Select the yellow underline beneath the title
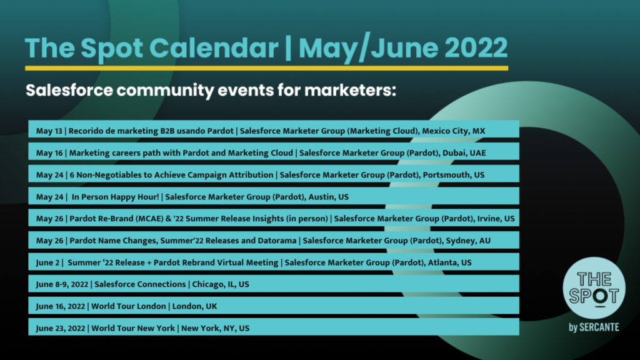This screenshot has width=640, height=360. [x=266, y=68]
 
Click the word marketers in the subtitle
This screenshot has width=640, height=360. [x=350, y=90]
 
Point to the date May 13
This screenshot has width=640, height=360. [x=49, y=131]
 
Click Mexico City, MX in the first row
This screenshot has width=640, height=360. [x=454, y=131]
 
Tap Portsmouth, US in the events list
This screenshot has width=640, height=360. [x=454, y=175]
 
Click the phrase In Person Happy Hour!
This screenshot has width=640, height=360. [x=115, y=197]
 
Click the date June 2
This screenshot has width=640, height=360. [x=47, y=262]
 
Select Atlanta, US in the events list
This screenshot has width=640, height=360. [x=449, y=262]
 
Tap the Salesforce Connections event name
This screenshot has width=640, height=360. [x=140, y=284]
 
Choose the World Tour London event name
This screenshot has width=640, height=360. [x=129, y=306]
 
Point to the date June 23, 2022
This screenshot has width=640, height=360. [x=61, y=328]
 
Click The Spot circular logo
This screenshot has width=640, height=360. [x=594, y=288]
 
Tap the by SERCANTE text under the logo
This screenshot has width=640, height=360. [x=594, y=327]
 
